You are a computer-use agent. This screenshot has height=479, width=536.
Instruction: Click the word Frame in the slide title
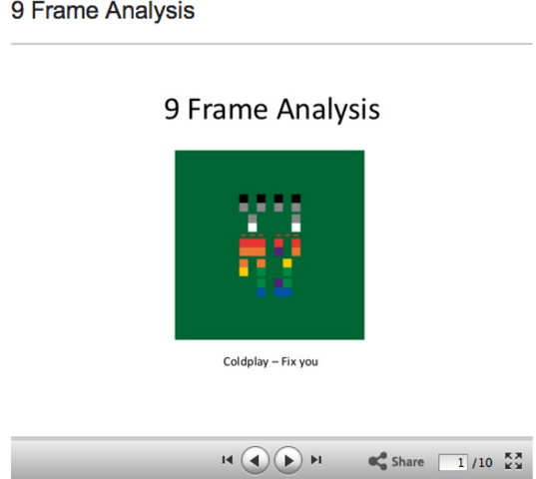(x=230, y=108)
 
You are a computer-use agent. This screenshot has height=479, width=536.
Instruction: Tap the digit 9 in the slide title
(x=172, y=108)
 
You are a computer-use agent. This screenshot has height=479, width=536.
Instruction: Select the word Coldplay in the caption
(x=246, y=361)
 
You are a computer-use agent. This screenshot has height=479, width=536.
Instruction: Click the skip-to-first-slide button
(x=227, y=460)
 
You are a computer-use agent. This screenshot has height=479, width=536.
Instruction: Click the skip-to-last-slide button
(x=316, y=460)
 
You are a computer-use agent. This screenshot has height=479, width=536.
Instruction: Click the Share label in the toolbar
(x=407, y=461)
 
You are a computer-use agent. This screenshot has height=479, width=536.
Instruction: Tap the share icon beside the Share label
(x=377, y=461)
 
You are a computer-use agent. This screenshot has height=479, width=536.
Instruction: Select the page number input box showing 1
(x=454, y=461)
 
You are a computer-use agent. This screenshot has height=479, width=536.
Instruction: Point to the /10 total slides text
(x=482, y=461)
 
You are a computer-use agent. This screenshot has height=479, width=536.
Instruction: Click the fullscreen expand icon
(x=513, y=461)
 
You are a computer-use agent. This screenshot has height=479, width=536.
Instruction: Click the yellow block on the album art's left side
(x=244, y=268)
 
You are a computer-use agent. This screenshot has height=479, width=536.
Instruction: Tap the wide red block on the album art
(x=252, y=242)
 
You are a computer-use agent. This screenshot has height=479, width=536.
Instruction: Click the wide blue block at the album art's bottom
(x=282, y=291)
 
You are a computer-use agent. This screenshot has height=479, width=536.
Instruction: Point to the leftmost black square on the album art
(x=244, y=199)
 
